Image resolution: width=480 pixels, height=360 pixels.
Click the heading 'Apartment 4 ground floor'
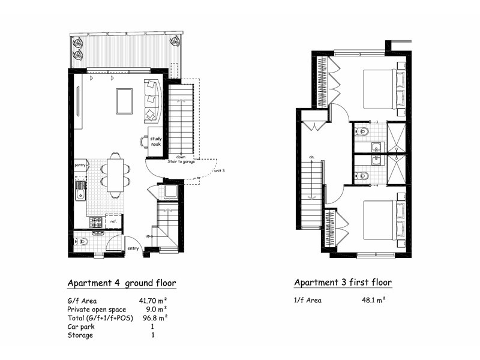coord(122,283)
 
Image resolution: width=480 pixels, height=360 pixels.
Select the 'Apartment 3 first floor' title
coord(343,283)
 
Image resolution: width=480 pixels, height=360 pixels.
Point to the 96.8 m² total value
coord(154,318)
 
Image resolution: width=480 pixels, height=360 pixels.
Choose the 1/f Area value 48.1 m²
coord(373,301)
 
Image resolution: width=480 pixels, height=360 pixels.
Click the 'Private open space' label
coord(97,310)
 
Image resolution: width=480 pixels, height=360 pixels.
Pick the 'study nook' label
coord(156,142)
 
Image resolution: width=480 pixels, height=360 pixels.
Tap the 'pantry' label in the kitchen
coord(80,164)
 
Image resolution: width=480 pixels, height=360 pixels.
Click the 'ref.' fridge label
coord(113,221)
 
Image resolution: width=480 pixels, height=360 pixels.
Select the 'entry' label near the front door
coord(133,248)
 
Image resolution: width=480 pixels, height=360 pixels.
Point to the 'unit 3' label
coord(219,171)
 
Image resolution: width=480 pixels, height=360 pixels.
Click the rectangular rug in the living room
coord(124,101)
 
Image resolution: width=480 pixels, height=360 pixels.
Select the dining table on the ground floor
coord(115,174)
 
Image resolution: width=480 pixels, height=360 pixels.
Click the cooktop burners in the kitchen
coord(95,222)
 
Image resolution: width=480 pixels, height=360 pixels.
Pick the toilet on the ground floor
coord(82,242)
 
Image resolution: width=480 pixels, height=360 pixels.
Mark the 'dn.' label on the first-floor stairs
coord(312,157)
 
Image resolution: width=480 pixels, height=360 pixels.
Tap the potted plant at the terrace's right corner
coord(174,41)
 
